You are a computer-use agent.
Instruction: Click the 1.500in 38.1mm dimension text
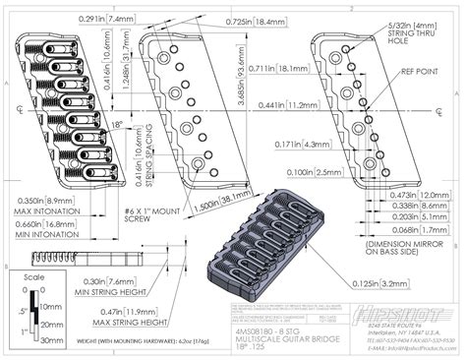tap(220, 198)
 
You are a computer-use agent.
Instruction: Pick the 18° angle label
tap(118, 125)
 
